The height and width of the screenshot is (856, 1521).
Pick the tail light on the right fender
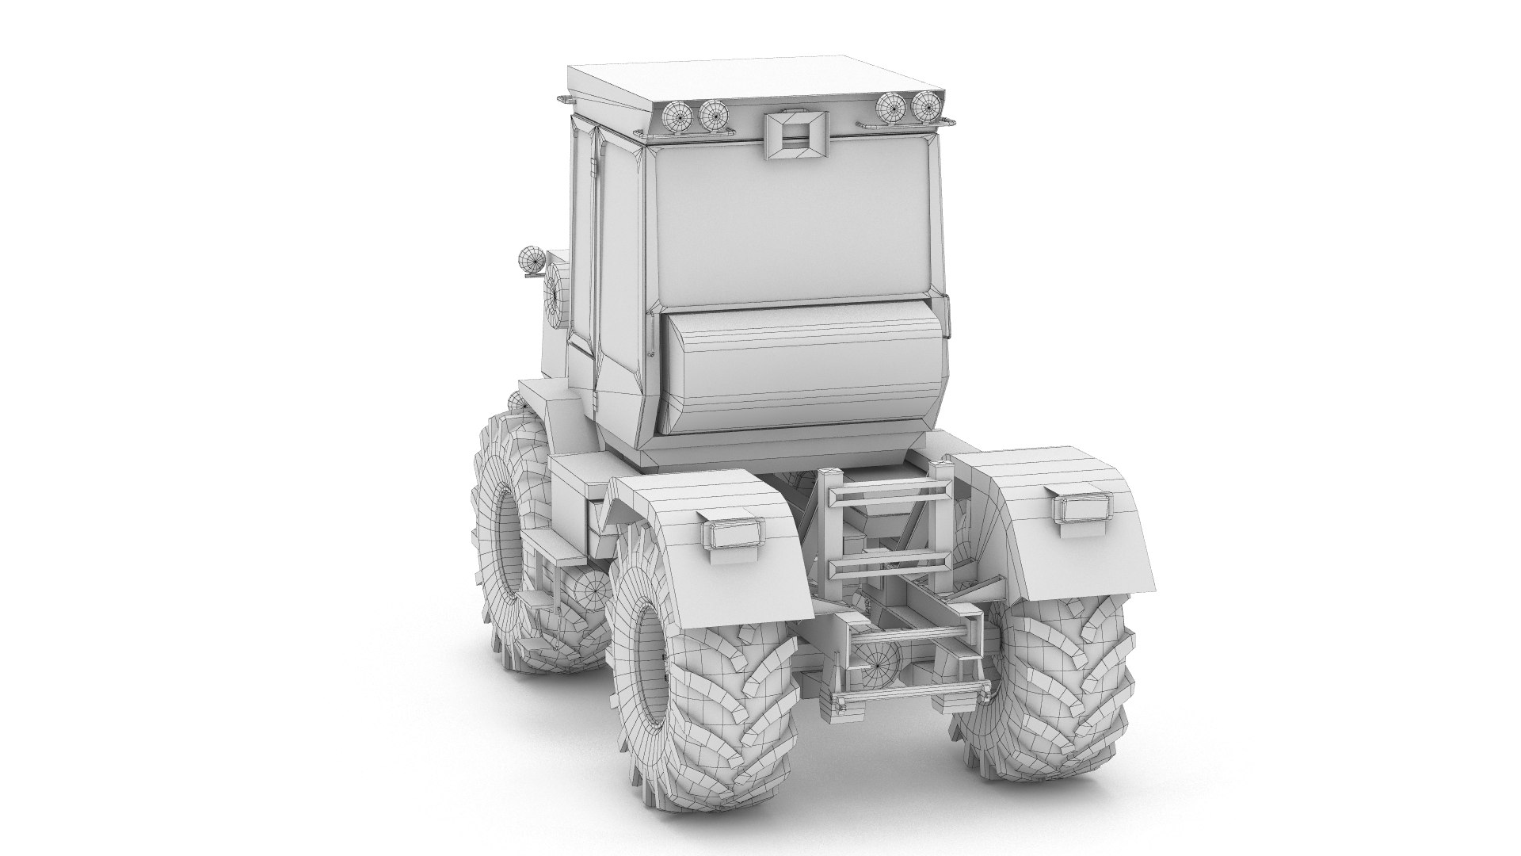point(1080,505)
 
